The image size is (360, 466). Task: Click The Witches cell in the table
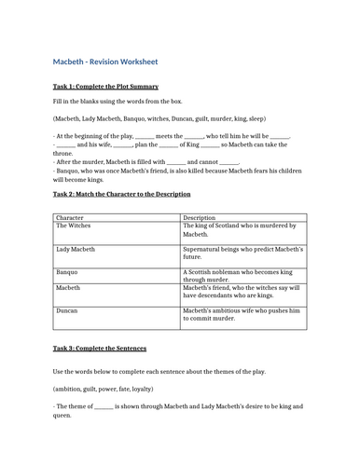76,226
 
